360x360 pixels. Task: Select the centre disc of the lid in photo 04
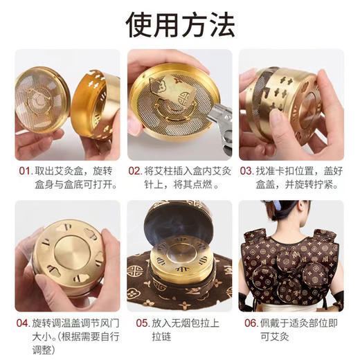tap(64, 256)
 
